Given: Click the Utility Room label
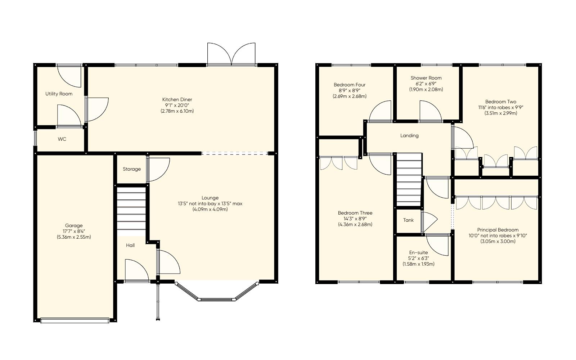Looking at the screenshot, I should click(59, 94).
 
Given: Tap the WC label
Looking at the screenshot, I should click(62, 139).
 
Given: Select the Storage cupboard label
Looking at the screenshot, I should click(131, 169).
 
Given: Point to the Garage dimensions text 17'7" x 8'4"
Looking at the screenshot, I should click(73, 231).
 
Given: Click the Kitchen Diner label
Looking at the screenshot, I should click(177, 99).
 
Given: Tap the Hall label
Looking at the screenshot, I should click(130, 245).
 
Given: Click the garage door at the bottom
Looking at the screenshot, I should click(75, 320).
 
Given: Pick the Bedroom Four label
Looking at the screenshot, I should click(349, 85).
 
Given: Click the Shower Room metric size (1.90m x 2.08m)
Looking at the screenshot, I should click(426, 89).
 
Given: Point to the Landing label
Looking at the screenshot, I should click(409, 136).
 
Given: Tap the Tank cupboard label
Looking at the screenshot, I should click(408, 220).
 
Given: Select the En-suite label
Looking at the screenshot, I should click(418, 252).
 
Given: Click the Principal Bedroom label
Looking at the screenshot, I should click(498, 230).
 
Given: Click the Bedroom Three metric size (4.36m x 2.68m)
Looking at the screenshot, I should click(355, 224).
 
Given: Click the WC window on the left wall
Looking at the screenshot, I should click(35, 139).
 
